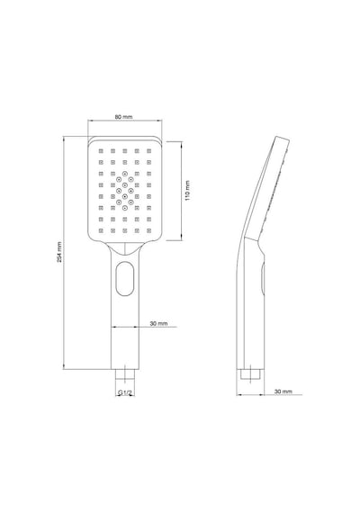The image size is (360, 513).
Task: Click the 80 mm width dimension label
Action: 123,117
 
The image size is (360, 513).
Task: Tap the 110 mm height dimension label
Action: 187,191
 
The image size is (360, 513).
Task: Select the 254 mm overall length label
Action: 58,252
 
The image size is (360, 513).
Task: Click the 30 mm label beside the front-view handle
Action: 158,324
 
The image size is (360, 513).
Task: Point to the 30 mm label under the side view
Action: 283,391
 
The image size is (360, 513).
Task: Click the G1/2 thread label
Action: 125,392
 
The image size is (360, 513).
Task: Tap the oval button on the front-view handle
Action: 125,278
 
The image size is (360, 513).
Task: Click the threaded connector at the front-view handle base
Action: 125,374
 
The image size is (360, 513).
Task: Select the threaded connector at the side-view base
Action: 250,374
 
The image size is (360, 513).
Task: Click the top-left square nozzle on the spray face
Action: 101,151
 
